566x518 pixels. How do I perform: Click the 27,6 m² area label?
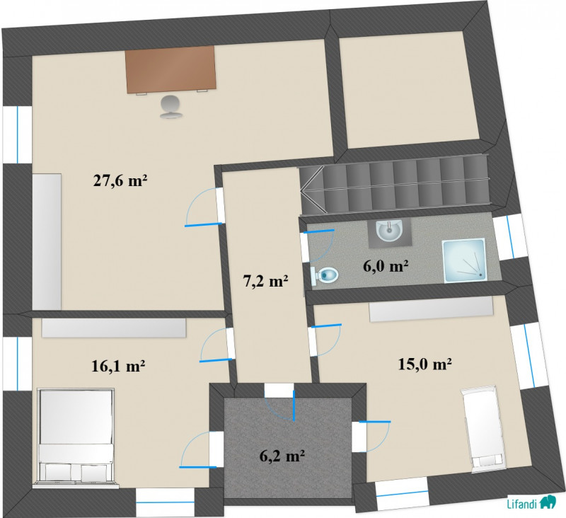coord(120,180)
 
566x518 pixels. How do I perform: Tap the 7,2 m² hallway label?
coord(266,281)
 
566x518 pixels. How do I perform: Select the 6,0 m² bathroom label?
coord(385,266)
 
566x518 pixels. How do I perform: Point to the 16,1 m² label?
coord(118,366)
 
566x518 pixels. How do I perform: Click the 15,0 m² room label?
coord(425,364)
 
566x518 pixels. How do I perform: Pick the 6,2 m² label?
coord(282,456)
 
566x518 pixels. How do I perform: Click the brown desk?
coord(171,69)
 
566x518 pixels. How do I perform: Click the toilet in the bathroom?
coord(324,275)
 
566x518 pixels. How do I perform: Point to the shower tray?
coord(464,260)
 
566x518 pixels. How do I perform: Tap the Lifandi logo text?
coord(523,502)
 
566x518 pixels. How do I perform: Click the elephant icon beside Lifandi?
coord(548,502)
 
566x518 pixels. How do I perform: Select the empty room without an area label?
coord(409,90)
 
